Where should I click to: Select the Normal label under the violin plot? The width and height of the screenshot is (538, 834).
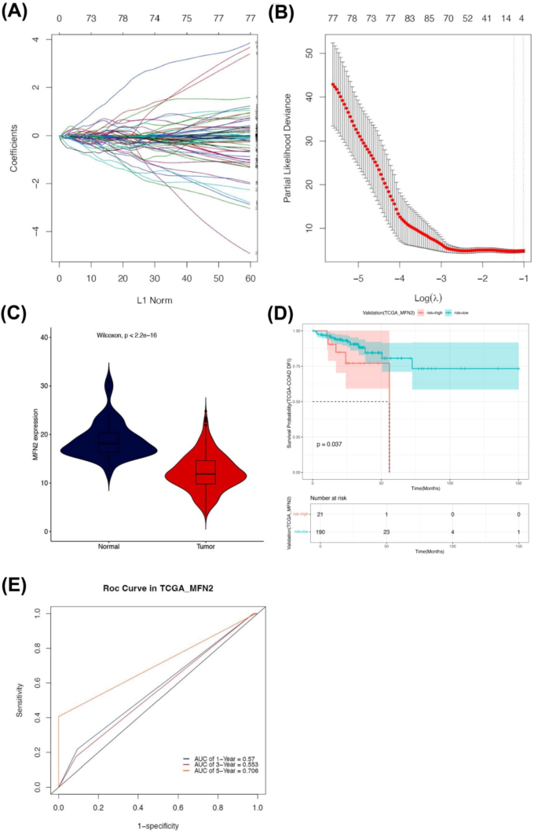(x=108, y=546)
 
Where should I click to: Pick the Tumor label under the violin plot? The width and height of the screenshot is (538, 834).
(x=204, y=546)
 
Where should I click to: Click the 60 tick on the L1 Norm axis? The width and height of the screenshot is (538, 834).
(x=249, y=279)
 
